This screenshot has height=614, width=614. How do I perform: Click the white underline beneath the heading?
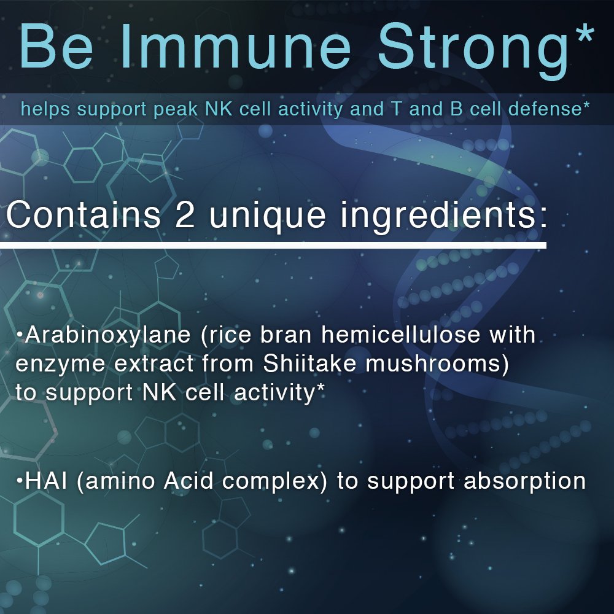point(273,246)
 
